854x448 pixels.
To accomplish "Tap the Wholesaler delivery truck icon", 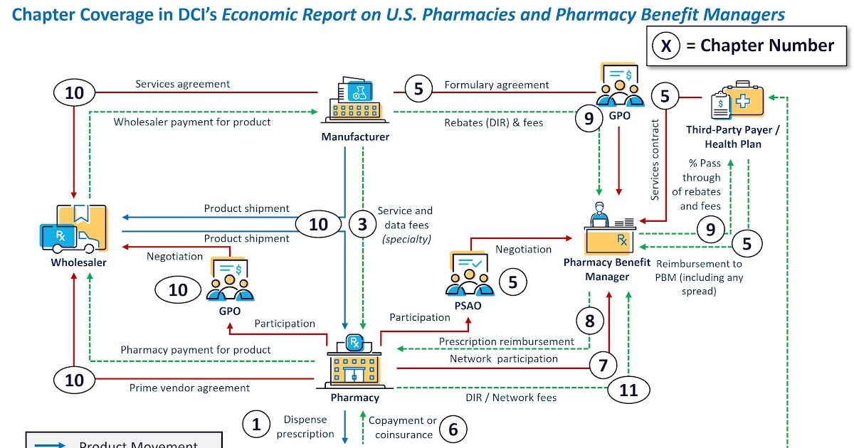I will click(x=73, y=229).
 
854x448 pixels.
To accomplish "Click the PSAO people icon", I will click(x=469, y=274).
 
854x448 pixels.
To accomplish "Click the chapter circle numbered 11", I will click(x=628, y=389).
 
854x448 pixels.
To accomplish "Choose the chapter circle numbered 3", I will click(x=362, y=225).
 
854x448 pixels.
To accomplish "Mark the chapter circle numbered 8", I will click(x=589, y=321).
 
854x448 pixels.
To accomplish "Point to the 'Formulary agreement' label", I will click(x=497, y=85).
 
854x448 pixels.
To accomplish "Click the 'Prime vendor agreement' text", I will click(x=189, y=388).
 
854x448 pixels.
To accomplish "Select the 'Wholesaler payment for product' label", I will click(x=192, y=122).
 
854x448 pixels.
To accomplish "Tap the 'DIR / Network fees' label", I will click(x=511, y=398).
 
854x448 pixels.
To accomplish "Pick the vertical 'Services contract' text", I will click(x=655, y=160).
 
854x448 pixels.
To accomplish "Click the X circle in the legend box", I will click(x=666, y=46).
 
